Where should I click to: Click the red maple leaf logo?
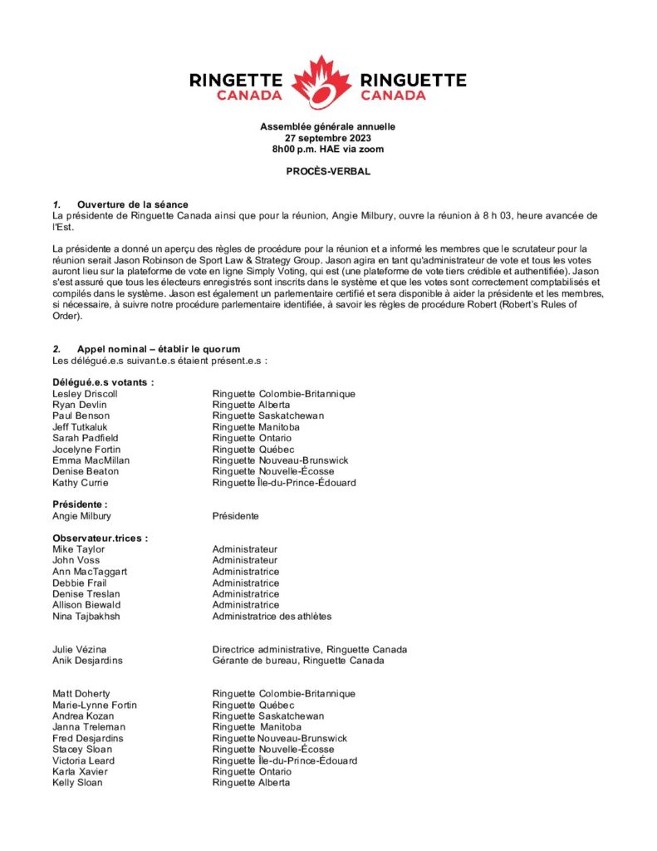328,82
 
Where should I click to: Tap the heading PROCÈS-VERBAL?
328,171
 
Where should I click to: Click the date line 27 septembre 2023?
328,138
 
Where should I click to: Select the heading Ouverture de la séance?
132,204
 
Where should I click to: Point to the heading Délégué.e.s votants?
103,382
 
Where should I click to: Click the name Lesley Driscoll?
86,393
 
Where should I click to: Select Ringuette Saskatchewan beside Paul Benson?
267,416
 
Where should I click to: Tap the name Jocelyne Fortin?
86,450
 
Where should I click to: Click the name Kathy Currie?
81,483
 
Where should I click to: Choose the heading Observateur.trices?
100,538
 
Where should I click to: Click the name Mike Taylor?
79,549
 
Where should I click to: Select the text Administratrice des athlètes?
272,616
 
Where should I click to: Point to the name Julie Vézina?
80,649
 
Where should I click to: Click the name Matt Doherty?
81,694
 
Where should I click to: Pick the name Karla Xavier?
80,771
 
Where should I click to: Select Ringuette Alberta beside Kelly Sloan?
251,783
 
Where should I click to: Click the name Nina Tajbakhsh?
86,616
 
